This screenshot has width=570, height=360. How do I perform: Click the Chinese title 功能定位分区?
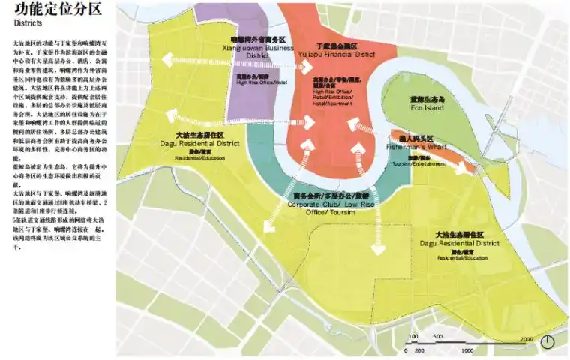(46, 9)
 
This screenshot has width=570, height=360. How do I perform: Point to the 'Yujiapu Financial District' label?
(346, 54)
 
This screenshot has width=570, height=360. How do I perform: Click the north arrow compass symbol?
(547, 341)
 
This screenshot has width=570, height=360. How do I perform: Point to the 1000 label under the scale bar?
(467, 350)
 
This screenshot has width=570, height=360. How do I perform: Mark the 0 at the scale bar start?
(409, 350)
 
